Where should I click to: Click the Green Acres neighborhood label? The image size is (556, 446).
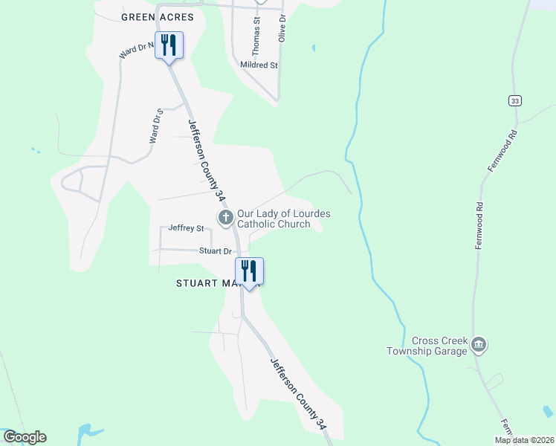coord(157,16)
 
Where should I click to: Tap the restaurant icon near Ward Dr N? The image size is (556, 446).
coord(169,46)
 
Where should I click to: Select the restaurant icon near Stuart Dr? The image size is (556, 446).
coord(250,271)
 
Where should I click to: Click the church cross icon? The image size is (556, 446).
coord(225,218)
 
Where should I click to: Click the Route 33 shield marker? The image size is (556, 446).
coord(514,100)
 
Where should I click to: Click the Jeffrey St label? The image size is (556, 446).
coord(186,228)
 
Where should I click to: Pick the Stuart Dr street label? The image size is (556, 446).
coord(216,251)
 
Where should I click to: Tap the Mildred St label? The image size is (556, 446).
coord(259,65)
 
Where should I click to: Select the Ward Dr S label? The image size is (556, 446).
coord(155,126)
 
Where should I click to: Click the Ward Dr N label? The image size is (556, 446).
coord(136,51)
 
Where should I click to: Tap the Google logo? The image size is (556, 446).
coord(25,437)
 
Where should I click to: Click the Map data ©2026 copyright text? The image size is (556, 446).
coord(523,440)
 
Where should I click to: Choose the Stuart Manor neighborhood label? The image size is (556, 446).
coord(208,283)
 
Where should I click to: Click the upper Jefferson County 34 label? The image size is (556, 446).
coord(206,161)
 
